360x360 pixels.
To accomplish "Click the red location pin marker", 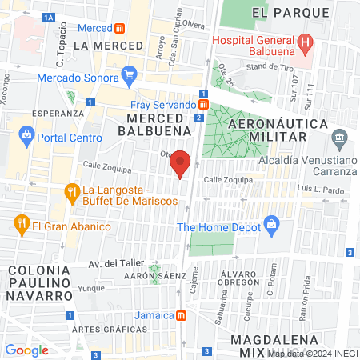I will pyautogui.click(x=181, y=163).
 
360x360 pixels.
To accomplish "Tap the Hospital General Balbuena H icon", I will pyautogui.click(x=304, y=42).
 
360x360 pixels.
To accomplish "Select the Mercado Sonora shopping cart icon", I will pyautogui.click(x=129, y=78).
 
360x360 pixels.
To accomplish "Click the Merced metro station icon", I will pyautogui.click(x=119, y=27).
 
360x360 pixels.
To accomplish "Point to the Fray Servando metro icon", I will pyautogui.click(x=204, y=105).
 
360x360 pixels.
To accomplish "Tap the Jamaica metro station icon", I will pyautogui.click(x=182, y=314).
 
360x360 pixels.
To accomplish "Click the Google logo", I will pyautogui.click(x=26, y=350).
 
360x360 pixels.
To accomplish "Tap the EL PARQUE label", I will pyautogui.click(x=290, y=13).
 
